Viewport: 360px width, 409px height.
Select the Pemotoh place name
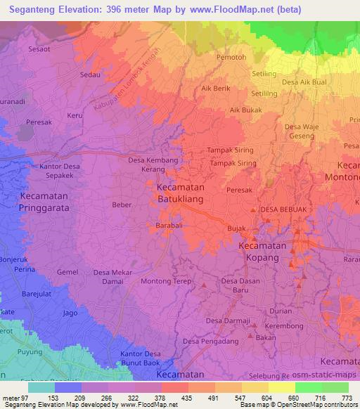pos(231,56)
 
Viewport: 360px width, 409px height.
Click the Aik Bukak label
pos(245,110)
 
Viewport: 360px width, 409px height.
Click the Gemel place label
pos(67,272)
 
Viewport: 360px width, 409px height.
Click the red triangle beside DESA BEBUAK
pos(254,210)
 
